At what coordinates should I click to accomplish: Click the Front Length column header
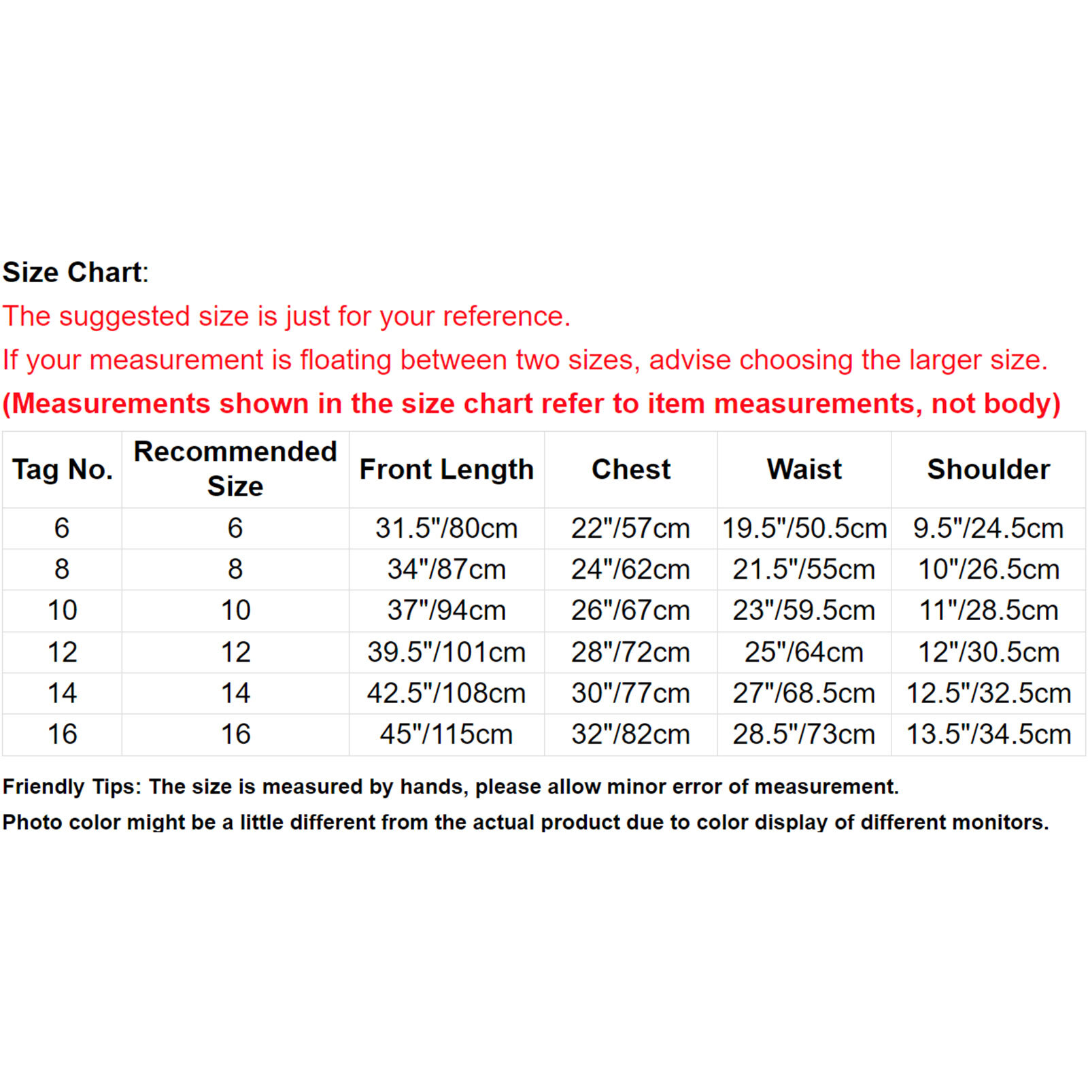point(446,469)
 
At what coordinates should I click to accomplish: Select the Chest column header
point(631,469)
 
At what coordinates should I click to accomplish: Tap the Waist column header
point(804,469)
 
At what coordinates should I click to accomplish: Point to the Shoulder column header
point(988,469)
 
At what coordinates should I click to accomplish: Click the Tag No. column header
point(62,469)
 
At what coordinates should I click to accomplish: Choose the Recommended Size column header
point(235,469)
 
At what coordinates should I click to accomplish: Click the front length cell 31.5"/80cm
point(446,528)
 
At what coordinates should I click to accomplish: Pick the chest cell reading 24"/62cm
point(630,569)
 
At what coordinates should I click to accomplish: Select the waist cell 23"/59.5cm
point(804,610)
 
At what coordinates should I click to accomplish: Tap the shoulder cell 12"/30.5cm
point(988,652)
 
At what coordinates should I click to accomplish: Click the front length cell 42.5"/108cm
point(446,693)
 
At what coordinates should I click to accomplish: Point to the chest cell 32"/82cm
point(630,734)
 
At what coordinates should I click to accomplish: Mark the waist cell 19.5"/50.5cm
point(804,528)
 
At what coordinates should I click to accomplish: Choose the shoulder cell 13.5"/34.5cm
point(988,734)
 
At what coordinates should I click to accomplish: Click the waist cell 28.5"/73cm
point(804,734)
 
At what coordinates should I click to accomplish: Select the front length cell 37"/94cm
point(446,610)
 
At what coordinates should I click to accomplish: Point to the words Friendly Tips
point(71,787)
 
